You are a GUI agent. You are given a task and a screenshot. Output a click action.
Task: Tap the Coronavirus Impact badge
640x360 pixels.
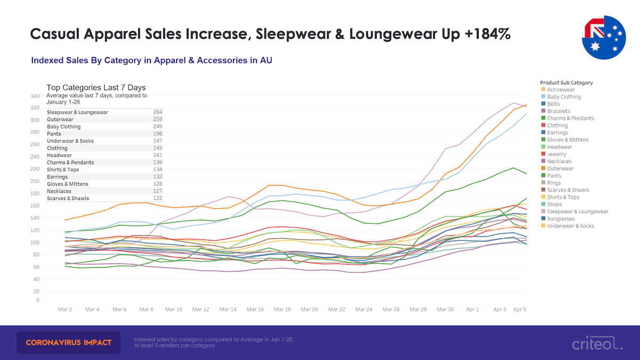pyautogui.click(x=69, y=342)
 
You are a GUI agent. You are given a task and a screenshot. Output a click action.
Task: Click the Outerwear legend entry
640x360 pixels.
pyautogui.click(x=560, y=169)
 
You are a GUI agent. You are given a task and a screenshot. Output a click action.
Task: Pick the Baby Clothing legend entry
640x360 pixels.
pyautogui.click(x=564, y=97)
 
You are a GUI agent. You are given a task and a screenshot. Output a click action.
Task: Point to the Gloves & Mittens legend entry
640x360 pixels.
pyautogui.click(x=567, y=140)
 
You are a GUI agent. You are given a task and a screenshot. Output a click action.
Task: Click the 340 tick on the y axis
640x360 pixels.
pyautogui.click(x=35, y=97)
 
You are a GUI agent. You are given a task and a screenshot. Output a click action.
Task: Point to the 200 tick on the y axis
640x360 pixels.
pyautogui.click(x=35, y=181)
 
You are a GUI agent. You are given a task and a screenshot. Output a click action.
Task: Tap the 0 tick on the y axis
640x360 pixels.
pyautogui.click(x=37, y=300)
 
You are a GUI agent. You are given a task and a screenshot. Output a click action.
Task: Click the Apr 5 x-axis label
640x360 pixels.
pyautogui.click(x=520, y=309)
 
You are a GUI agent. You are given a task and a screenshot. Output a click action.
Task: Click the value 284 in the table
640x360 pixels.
pyautogui.click(x=157, y=113)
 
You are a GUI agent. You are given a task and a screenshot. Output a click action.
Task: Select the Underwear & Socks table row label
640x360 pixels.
pyautogui.click(x=70, y=141)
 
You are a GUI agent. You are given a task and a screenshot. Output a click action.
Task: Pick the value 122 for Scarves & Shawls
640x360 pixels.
pyautogui.click(x=157, y=198)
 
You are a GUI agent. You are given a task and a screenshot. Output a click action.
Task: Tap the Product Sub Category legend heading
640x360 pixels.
pyautogui.click(x=566, y=83)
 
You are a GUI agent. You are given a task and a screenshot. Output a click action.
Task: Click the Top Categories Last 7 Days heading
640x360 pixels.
pyautogui.click(x=96, y=88)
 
